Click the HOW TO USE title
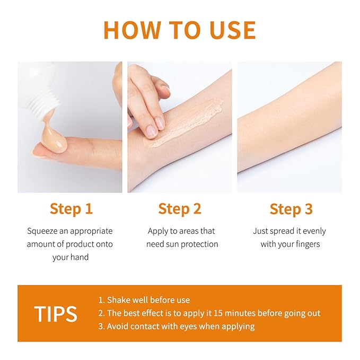click(180, 30)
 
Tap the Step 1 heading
click(71, 209)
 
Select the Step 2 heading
click(180, 209)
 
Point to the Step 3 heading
click(291, 209)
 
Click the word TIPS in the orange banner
click(56, 314)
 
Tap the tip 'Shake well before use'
click(144, 300)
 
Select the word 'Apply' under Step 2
click(159, 231)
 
